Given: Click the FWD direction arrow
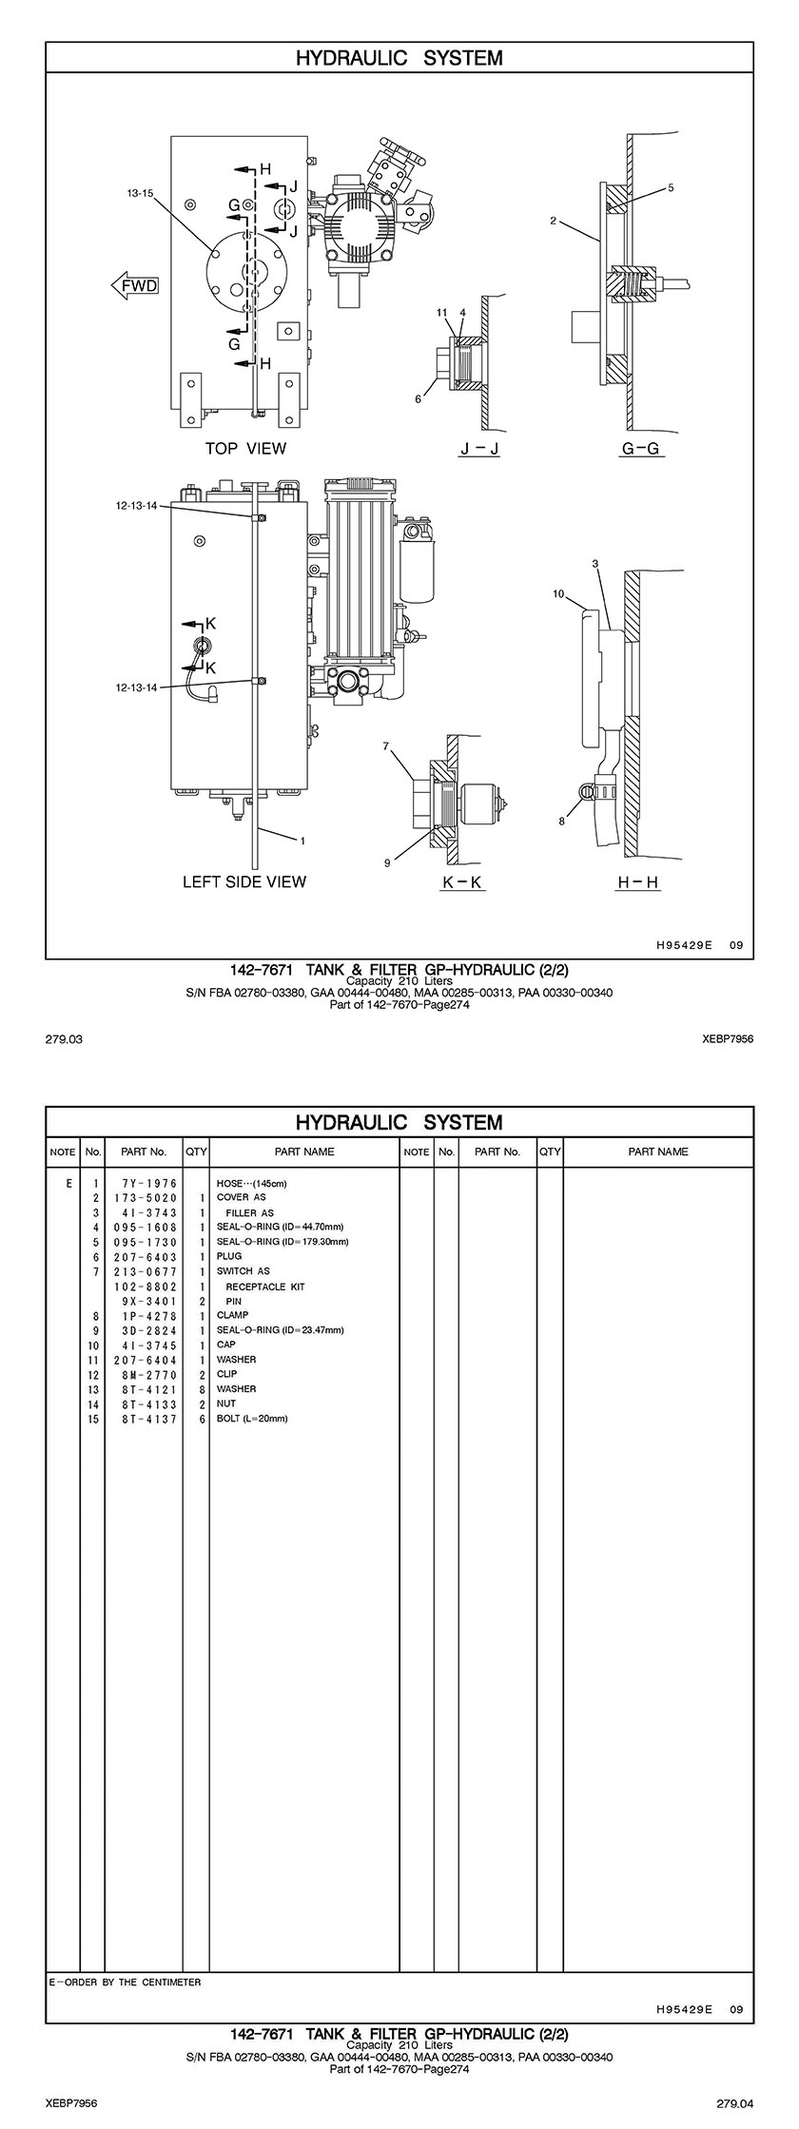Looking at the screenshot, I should click(x=134, y=285).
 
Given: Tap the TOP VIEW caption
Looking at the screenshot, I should click(x=245, y=448).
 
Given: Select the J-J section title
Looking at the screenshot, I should click(x=478, y=448).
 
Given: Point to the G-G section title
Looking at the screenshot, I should click(x=640, y=448).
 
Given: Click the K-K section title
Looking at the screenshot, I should click(x=464, y=882).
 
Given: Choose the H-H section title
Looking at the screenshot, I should click(x=638, y=882).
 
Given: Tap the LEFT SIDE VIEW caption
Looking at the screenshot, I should click(x=244, y=881).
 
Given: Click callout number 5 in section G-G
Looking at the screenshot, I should click(x=671, y=188).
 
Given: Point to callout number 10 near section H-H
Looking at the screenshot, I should click(x=558, y=594).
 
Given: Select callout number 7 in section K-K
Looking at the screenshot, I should click(x=386, y=746).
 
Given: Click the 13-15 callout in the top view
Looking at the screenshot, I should click(x=140, y=193).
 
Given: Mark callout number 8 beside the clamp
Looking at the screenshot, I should click(x=562, y=822).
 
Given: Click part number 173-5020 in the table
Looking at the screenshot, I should click(x=146, y=1197).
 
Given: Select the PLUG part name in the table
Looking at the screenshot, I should click(x=229, y=1256).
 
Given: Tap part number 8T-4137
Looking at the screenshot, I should click(x=146, y=1418).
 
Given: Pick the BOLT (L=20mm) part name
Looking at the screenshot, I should click(x=252, y=1418).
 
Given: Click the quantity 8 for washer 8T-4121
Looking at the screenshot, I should click(x=203, y=1388).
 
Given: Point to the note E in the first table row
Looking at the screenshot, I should click(x=68, y=1183).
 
